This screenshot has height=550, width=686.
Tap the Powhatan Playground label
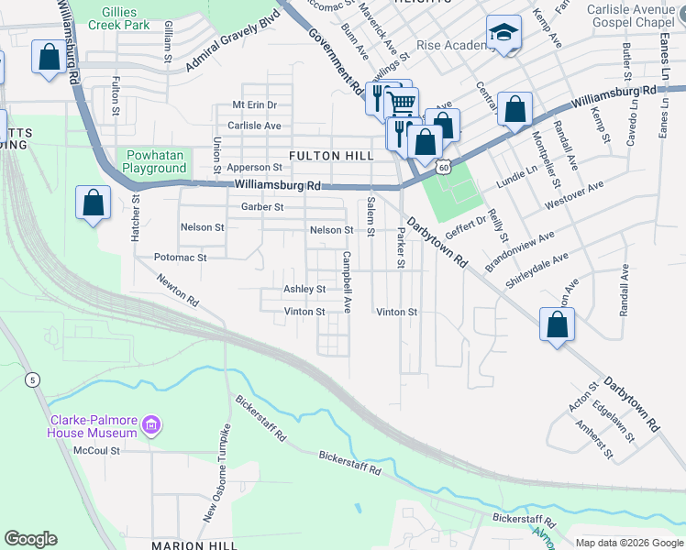(155, 162)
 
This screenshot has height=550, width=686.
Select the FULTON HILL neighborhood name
(331, 156)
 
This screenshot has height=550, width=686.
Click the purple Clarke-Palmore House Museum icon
(152, 425)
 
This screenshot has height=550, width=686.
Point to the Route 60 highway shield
(444, 167)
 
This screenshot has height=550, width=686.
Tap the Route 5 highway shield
(32, 379)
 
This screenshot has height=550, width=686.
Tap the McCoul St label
(96, 450)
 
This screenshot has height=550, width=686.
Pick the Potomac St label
(180, 258)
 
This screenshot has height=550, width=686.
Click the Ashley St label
(304, 289)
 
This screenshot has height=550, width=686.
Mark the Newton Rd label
(177, 290)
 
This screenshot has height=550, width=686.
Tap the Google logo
(31, 539)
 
